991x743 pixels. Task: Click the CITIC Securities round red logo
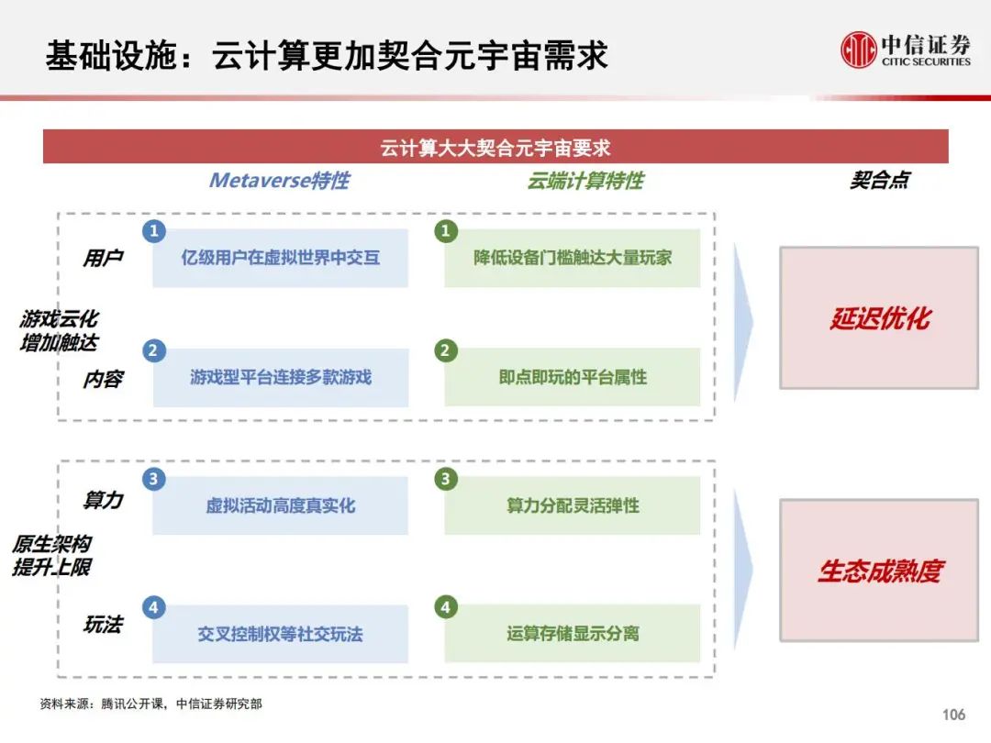pos(858,50)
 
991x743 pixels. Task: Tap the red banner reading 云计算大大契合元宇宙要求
pos(495,147)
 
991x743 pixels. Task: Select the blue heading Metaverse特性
pos(279,181)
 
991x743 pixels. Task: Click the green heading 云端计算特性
pos(585,182)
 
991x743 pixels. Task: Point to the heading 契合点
pos(879,180)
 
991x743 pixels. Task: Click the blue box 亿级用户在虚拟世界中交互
pos(281,258)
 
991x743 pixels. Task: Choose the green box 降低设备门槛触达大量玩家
pos(572,258)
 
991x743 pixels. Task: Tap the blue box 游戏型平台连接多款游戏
pos(281,377)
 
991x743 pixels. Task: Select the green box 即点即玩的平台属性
pos(572,377)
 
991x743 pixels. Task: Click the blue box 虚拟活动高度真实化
pos(281,505)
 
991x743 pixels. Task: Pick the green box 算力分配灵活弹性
pos(572,505)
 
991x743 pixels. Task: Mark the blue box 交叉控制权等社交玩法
pos(281,634)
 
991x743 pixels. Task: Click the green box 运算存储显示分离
pos(572,634)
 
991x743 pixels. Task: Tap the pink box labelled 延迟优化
pos(879,317)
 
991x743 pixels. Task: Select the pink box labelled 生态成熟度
pos(879,571)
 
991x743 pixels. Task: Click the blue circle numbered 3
pos(153,479)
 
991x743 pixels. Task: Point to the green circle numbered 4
pos(446,607)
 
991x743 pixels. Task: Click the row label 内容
pos(103,379)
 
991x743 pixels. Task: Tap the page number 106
pos(953,715)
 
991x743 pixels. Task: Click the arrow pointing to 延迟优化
pos(743,322)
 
